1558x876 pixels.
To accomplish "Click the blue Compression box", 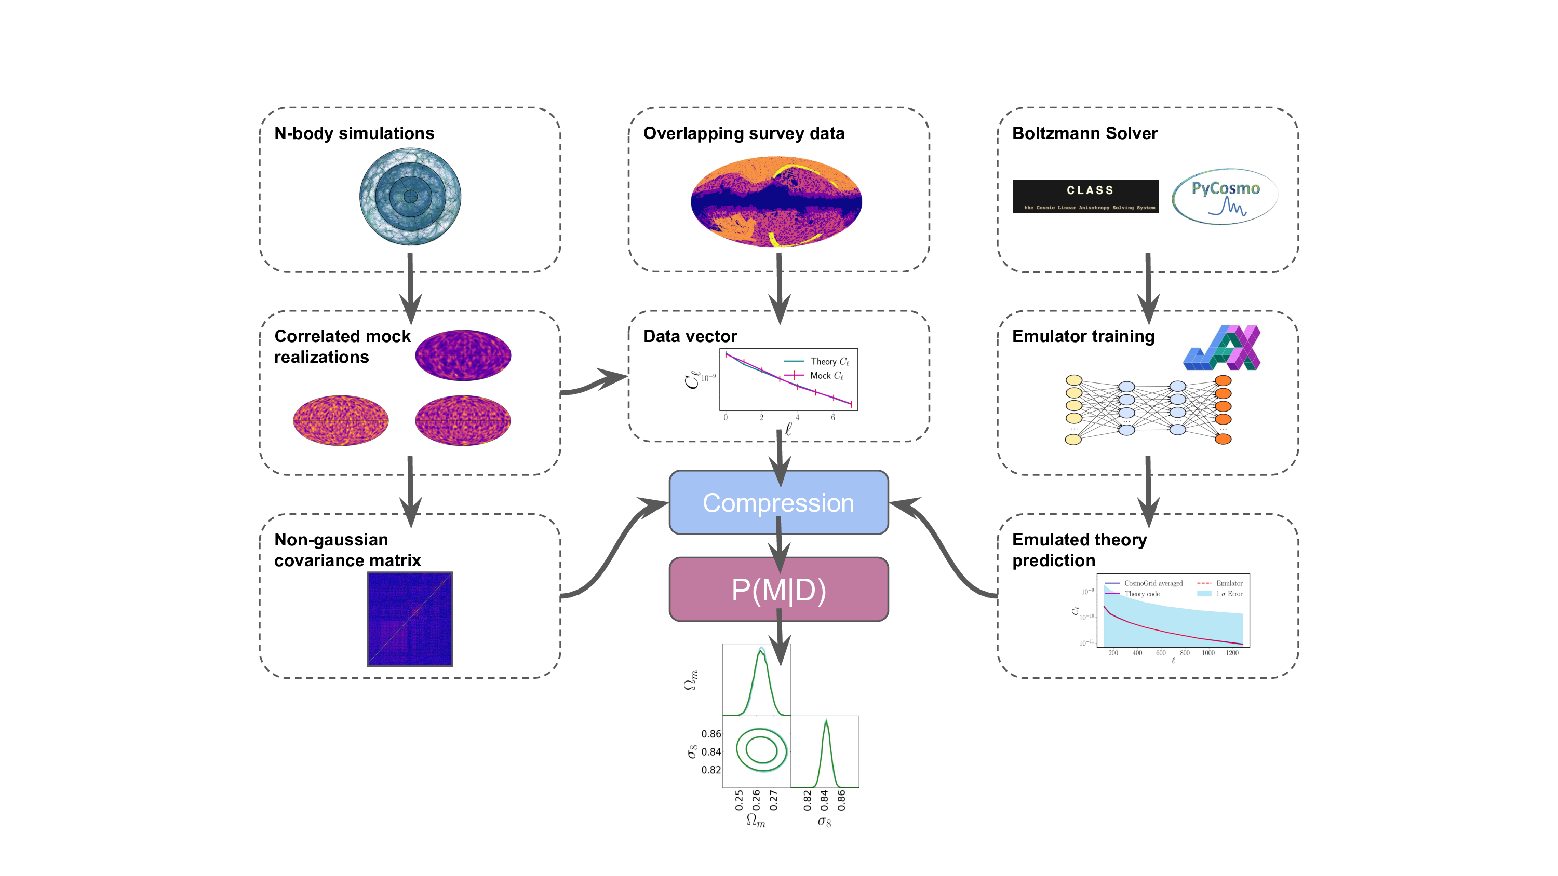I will click(778, 503).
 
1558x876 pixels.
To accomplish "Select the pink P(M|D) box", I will click(778, 590).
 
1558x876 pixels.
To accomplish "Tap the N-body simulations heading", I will click(354, 133).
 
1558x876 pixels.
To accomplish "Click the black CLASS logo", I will click(1085, 196).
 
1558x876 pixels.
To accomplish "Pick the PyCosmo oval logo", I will click(1225, 197).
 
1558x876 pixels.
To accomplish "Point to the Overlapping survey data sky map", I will click(776, 201).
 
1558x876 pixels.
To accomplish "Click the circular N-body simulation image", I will click(410, 197).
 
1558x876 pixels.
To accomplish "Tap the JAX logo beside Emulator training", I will click(1221, 348).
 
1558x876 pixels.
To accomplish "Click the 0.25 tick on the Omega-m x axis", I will click(739, 799).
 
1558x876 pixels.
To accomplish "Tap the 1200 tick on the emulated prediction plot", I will click(1232, 653).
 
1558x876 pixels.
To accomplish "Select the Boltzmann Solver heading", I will click(1084, 133).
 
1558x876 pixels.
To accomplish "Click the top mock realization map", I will click(463, 355).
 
